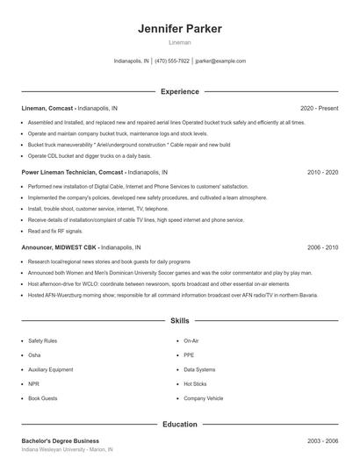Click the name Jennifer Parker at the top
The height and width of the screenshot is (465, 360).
click(179, 29)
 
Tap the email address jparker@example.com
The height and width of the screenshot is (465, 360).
click(220, 61)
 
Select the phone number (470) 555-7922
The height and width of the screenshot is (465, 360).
click(172, 61)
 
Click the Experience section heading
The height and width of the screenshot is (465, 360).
click(179, 91)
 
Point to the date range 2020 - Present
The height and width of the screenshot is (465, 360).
click(319, 108)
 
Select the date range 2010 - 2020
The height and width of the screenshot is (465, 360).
click(322, 172)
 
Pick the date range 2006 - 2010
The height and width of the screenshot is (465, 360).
click(322, 247)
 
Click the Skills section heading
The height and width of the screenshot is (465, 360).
click(179, 322)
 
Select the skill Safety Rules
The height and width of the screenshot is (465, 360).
click(42, 340)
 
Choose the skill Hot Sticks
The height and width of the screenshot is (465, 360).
click(195, 383)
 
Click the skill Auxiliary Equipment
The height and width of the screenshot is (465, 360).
click(50, 369)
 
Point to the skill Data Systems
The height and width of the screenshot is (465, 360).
click(199, 369)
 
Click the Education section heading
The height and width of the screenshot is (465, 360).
click(179, 424)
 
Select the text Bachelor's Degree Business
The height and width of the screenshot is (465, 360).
click(60, 440)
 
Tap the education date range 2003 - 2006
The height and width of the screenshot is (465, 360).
click(322, 440)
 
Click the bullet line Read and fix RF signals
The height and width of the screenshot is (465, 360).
click(55, 231)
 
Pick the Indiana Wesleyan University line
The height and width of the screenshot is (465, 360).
click(67, 449)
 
